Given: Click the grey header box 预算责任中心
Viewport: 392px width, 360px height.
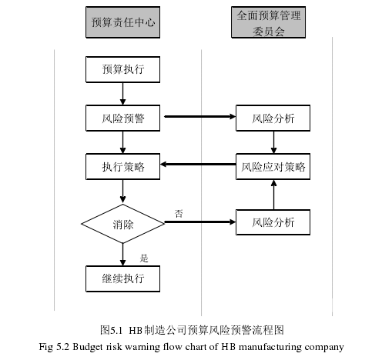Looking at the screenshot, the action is click(x=122, y=22).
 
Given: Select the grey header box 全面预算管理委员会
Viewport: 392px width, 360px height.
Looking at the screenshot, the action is click(x=268, y=22).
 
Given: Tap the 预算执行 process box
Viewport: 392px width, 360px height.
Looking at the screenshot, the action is click(x=122, y=69).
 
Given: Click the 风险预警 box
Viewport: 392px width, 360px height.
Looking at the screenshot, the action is click(x=122, y=118).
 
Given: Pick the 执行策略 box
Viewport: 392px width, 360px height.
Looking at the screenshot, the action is click(x=122, y=167).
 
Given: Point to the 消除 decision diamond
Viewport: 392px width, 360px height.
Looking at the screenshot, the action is click(x=122, y=224).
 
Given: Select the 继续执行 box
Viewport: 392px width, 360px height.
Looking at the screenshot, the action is click(x=122, y=278).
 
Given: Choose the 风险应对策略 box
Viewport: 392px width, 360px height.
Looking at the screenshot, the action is click(x=273, y=167).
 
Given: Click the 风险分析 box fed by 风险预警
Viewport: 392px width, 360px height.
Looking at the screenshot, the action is click(x=273, y=118).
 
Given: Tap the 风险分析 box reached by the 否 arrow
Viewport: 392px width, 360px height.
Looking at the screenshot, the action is click(x=273, y=222).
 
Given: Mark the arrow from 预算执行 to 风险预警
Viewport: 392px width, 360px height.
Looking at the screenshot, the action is click(x=122, y=94).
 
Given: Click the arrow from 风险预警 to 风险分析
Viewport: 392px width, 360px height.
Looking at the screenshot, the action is click(x=200, y=117).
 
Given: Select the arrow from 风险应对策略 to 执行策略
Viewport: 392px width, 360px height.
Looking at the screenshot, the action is click(x=198, y=164).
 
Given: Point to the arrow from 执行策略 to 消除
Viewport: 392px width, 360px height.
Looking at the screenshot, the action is click(x=122, y=191).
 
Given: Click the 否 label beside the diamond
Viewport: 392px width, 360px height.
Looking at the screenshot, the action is click(x=179, y=213).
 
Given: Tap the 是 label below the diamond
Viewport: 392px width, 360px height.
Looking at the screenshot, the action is click(x=144, y=258).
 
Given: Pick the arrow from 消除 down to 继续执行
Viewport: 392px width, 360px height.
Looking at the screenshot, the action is click(x=122, y=255).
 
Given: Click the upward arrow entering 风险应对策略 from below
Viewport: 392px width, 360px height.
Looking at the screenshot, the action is click(x=273, y=195).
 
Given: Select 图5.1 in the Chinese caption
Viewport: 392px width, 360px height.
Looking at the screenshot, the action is click(x=111, y=330).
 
